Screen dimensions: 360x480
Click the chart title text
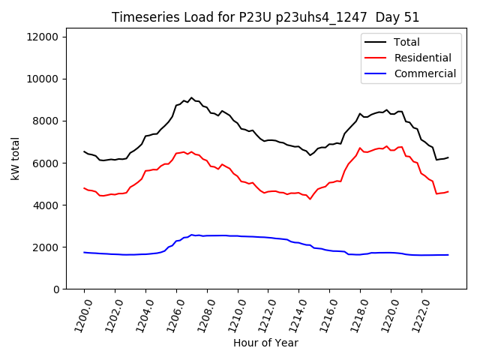point(265,17)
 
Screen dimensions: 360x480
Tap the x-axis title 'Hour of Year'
point(265,343)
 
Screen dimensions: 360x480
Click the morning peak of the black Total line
point(191,97)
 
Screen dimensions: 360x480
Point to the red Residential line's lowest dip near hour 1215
point(310,199)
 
